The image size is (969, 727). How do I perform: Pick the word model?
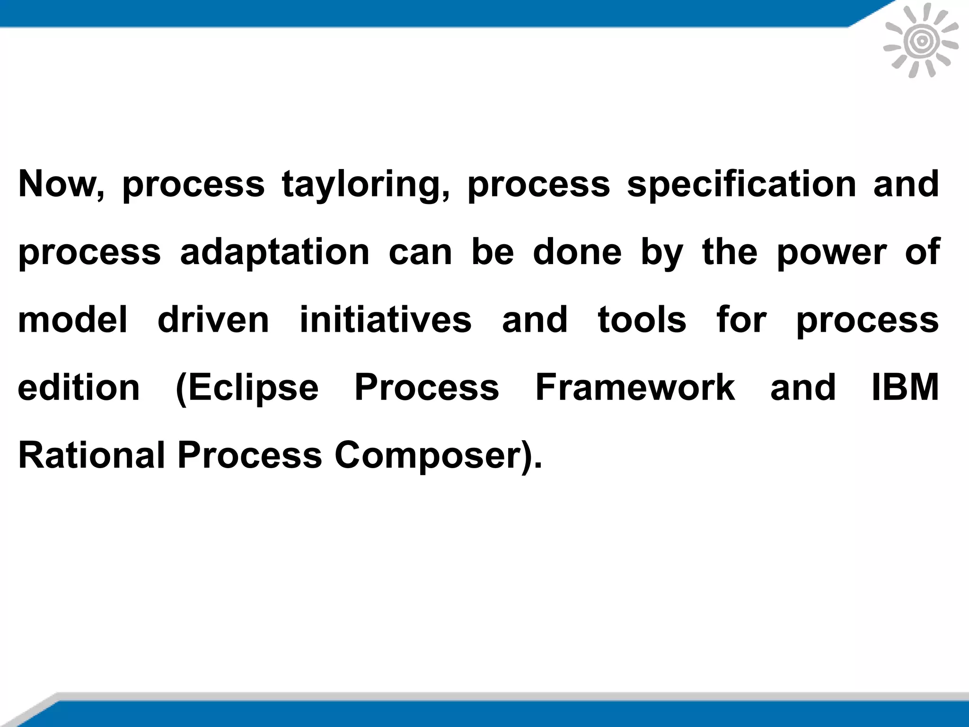click(72, 320)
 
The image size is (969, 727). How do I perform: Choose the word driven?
click(213, 320)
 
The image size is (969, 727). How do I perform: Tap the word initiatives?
click(386, 320)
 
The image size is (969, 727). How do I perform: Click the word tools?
click(642, 320)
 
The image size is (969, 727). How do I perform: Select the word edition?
click(79, 388)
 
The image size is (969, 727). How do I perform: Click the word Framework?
click(635, 388)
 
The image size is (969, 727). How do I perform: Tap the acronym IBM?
click(905, 388)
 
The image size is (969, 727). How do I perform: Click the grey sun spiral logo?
click(921, 42)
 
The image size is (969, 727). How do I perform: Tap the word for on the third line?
click(741, 320)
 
